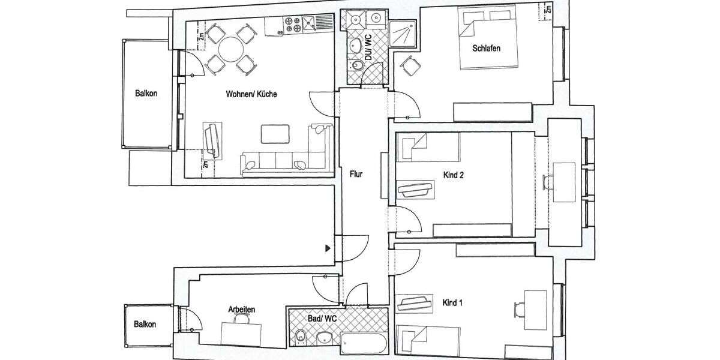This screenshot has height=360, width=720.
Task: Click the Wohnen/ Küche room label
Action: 251,94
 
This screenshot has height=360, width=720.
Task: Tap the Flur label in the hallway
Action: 356,175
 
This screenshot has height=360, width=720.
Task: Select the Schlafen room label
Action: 486,48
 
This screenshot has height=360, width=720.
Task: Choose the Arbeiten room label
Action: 242,309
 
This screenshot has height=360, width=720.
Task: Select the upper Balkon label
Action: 146,94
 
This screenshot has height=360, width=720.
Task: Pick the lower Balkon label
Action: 145,324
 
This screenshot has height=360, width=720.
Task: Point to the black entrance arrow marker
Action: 328,247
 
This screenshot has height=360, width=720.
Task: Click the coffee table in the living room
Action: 276,134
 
